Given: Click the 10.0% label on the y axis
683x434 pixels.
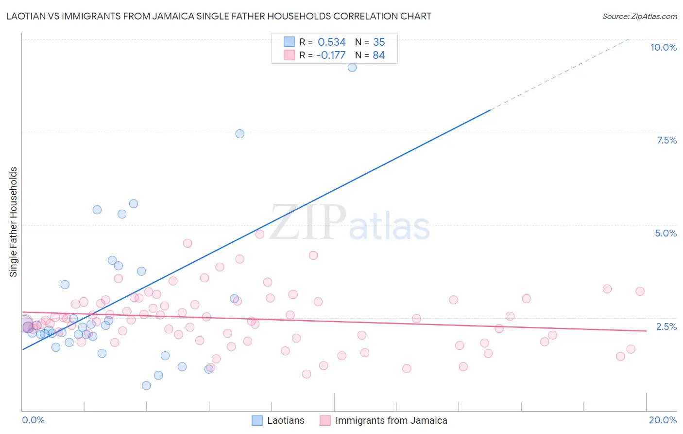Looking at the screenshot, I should pos(663,47).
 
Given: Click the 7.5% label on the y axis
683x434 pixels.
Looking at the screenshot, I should pos(666,140).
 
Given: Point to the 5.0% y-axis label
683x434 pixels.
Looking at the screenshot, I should pos(666,233).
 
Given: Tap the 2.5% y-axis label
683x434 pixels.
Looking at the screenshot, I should pos(666,326).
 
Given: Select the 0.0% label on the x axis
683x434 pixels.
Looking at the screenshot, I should pos(33,420).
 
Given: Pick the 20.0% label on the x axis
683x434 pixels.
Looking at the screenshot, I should pos(663,420).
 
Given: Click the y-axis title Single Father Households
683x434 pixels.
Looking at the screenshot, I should pos(13,222).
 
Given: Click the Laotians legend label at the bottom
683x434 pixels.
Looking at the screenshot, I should pos(286,420).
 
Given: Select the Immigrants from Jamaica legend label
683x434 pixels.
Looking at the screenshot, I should pos(391,420).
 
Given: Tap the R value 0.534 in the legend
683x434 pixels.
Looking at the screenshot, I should pos(331,42).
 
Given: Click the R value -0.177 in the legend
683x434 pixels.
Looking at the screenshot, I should pos(330,55).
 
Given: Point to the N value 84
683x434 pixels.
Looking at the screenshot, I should pos(378,55).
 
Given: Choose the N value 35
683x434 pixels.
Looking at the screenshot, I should pos(378,42).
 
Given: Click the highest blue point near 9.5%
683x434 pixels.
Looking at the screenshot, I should pos(352,68).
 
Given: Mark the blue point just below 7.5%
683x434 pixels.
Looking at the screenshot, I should pos(239,134).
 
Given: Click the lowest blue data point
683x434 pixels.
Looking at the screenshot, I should pos(146,385).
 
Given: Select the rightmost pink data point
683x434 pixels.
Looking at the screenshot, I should pos(640,291).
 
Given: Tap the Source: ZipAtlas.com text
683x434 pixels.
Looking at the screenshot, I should pos(639,17).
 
